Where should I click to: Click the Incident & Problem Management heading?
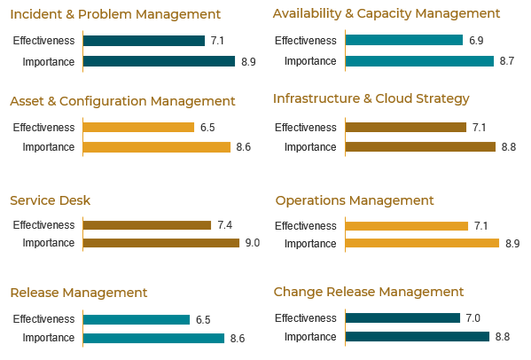[x=115, y=14]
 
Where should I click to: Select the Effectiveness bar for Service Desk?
[x=146, y=225]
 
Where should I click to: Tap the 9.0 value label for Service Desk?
[x=252, y=243]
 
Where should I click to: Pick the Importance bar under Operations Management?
[x=422, y=243]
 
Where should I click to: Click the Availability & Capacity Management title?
[x=387, y=13]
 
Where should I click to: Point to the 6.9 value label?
[x=475, y=41]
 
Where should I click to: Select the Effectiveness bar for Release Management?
[x=136, y=319]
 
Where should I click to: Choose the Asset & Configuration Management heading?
[x=122, y=101]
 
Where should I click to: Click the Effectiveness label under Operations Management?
[x=306, y=226]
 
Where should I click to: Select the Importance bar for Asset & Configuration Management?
[x=156, y=146]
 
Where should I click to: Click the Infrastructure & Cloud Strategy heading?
[x=371, y=98]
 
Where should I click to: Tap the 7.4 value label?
[x=224, y=225]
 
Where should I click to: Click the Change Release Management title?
[x=369, y=292]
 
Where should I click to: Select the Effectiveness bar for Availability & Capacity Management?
[x=403, y=41]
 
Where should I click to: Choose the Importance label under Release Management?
[x=49, y=338]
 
